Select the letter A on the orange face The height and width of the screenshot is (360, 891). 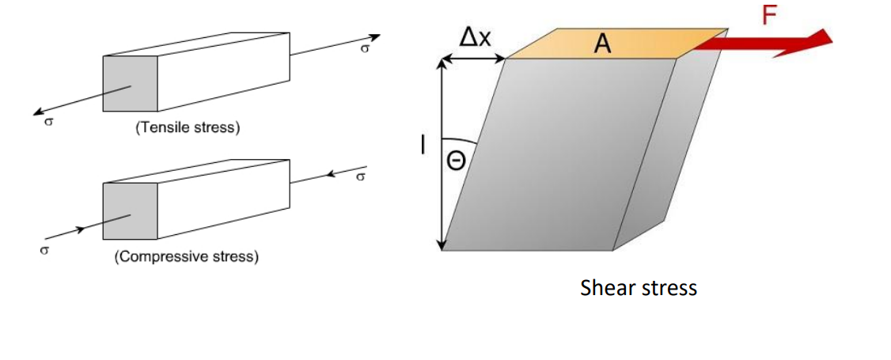(x=603, y=45)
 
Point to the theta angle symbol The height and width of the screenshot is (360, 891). (x=458, y=161)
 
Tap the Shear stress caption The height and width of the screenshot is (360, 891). (x=638, y=287)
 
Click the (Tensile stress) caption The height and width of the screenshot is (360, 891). (x=188, y=127)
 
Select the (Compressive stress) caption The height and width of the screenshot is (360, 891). (x=187, y=257)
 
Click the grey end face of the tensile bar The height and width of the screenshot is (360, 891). (x=131, y=83)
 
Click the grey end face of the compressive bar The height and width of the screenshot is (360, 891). (x=131, y=211)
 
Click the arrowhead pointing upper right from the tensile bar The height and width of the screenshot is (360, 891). (x=375, y=37)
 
